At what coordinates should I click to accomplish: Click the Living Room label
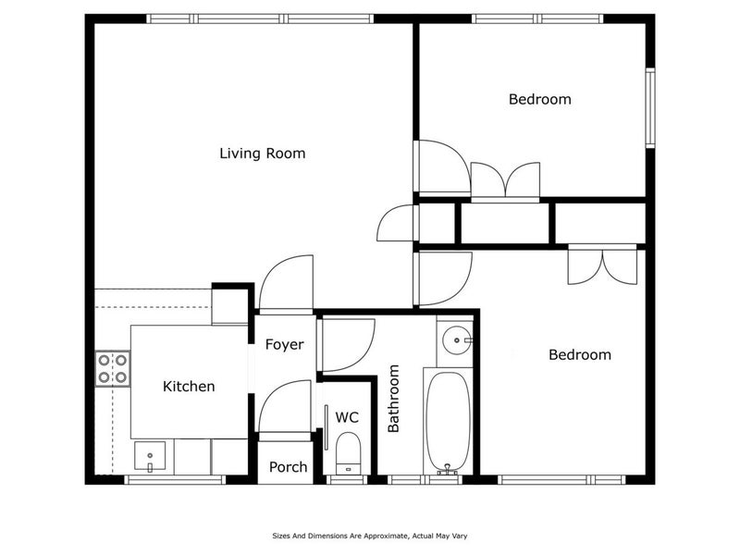pyautogui.click(x=262, y=153)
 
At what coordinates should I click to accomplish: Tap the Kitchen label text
pyautogui.click(x=189, y=387)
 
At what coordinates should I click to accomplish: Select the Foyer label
pyautogui.click(x=284, y=345)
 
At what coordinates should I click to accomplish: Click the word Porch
pyautogui.click(x=288, y=467)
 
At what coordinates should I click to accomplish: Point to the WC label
pyautogui.click(x=347, y=418)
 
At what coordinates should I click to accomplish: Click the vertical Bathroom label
pyautogui.click(x=393, y=399)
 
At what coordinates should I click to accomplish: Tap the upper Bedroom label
pyautogui.click(x=539, y=99)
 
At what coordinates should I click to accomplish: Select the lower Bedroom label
pyautogui.click(x=579, y=354)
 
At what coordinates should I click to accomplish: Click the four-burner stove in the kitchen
pyautogui.click(x=112, y=368)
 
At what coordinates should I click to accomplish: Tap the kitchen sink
pyautogui.click(x=150, y=456)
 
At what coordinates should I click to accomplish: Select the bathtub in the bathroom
pyautogui.click(x=448, y=422)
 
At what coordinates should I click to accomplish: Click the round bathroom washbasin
pyautogui.click(x=454, y=341)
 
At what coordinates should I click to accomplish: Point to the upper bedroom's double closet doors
pyautogui.click(x=505, y=180)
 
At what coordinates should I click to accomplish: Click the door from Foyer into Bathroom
pyautogui.click(x=346, y=345)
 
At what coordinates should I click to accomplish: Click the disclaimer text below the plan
pyautogui.click(x=369, y=535)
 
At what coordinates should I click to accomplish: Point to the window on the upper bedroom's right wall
pyautogui.click(x=650, y=107)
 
